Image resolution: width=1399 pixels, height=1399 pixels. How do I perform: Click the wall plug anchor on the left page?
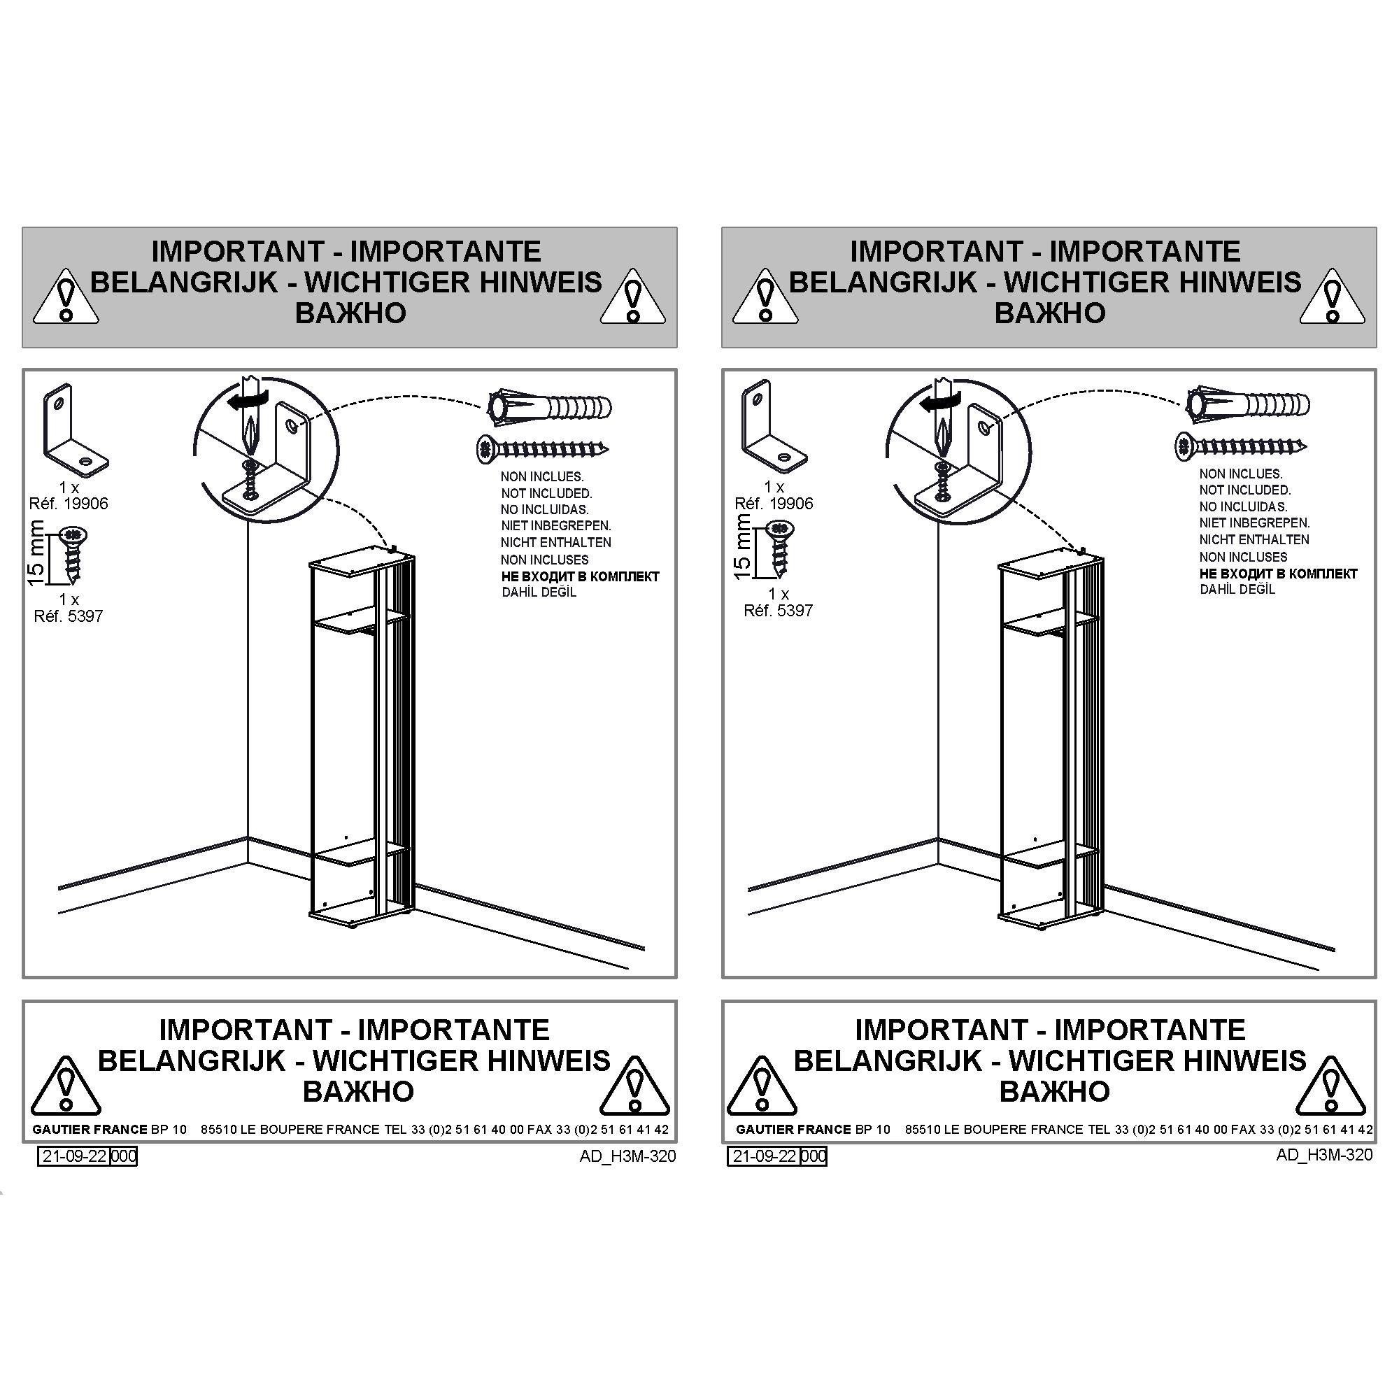tap(549, 407)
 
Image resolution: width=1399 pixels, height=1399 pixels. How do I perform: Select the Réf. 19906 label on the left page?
tap(68, 503)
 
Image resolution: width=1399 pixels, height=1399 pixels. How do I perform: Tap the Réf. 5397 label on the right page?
tap(779, 611)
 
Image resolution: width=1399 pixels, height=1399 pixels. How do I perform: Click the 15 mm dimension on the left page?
tap(36, 552)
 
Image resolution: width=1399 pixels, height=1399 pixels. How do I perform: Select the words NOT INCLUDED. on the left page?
tap(546, 493)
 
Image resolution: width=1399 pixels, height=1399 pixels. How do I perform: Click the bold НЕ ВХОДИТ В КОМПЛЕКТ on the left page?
tap(580, 576)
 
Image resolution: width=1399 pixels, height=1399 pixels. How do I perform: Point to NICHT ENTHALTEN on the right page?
tap(1254, 539)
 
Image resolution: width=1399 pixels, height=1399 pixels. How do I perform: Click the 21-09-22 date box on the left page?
tap(74, 1156)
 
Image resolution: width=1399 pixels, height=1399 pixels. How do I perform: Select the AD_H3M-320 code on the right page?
tap(1324, 1155)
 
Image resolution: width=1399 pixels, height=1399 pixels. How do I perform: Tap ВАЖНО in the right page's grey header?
tap(1049, 313)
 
